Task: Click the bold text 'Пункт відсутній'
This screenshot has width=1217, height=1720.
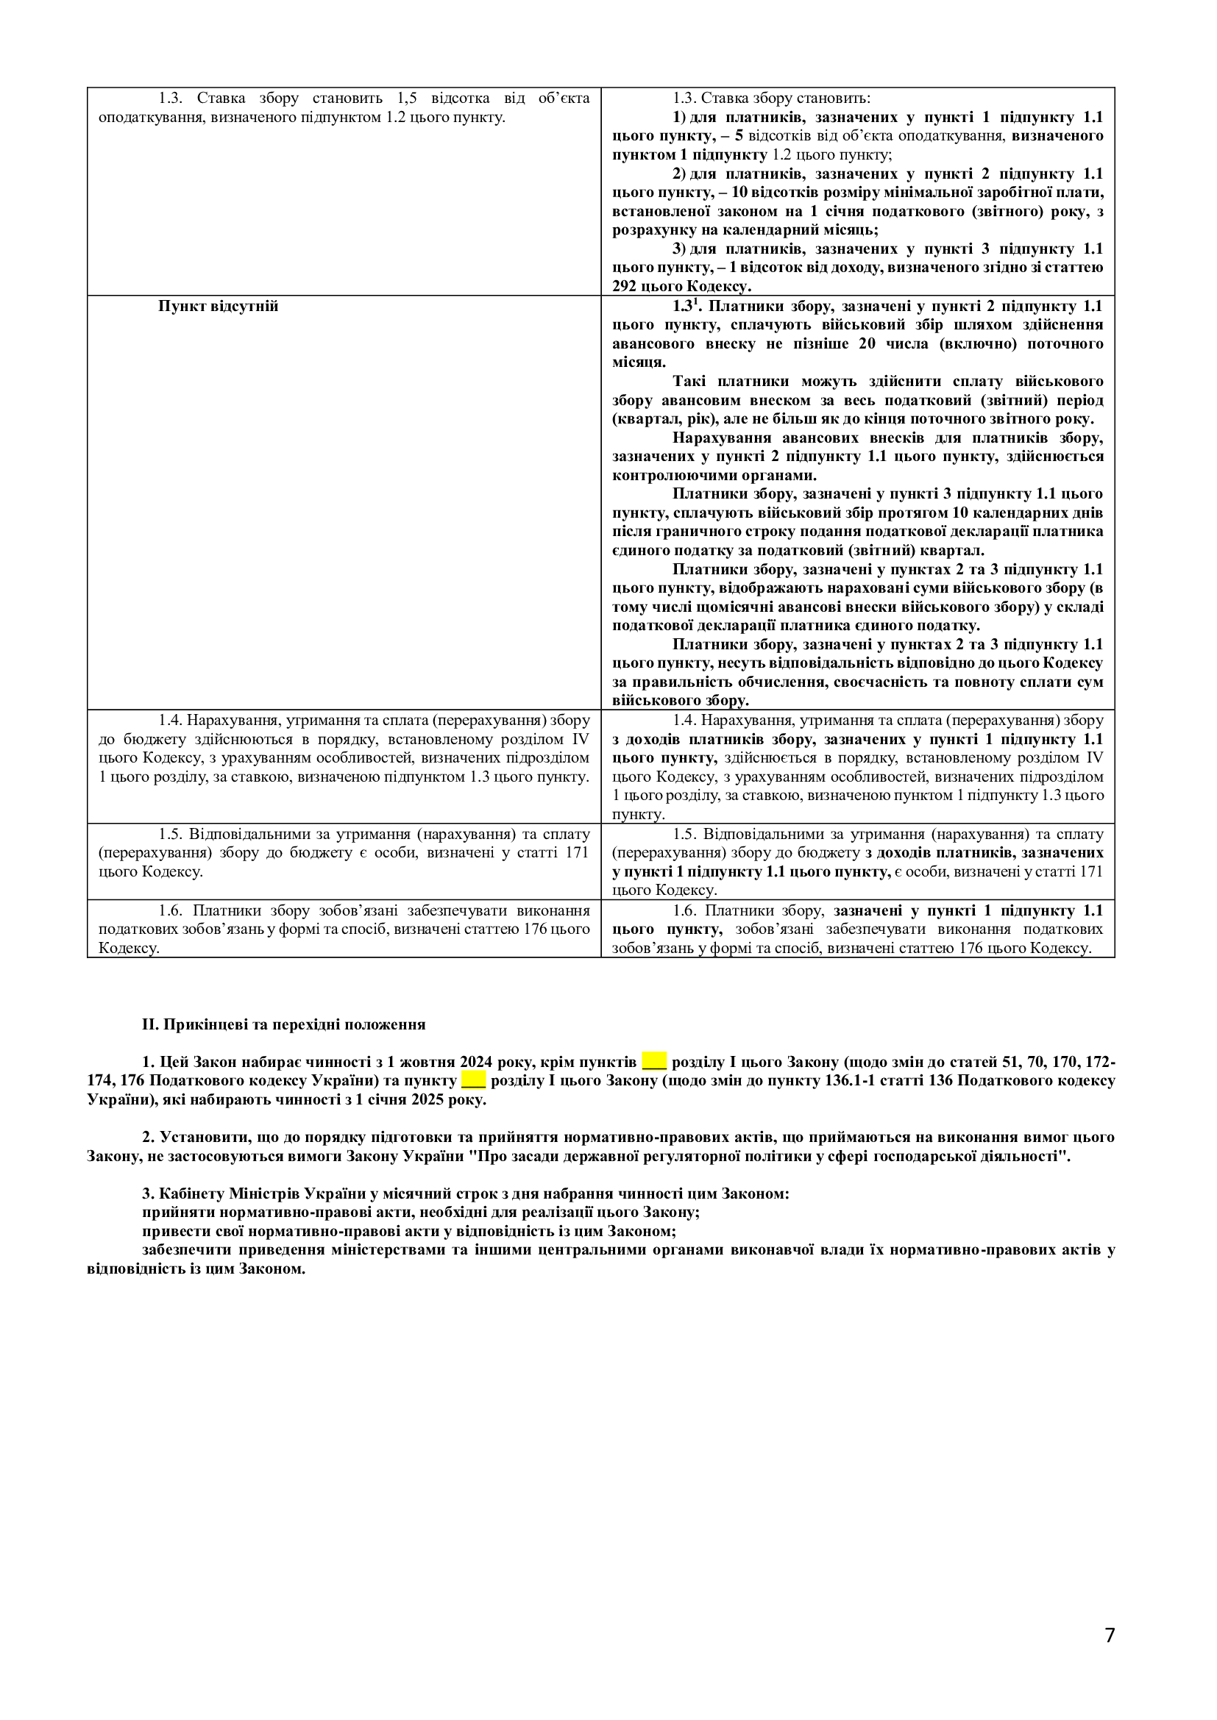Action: click(x=218, y=307)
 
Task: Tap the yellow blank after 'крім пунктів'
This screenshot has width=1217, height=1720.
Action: click(x=654, y=1062)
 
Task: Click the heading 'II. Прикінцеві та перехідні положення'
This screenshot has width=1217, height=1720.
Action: click(x=284, y=1024)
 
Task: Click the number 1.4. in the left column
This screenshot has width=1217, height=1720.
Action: click(x=170, y=720)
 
